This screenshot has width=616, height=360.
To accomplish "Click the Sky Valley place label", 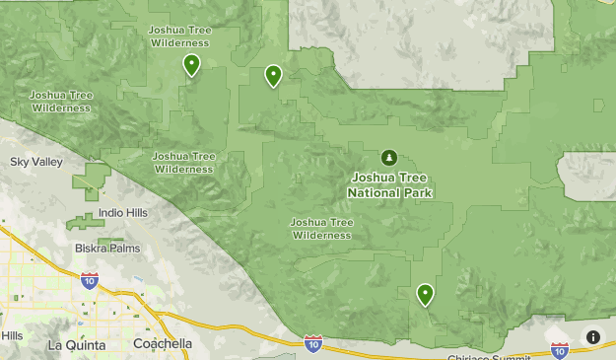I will click(34, 162).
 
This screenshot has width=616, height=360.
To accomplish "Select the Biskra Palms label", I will click(107, 249).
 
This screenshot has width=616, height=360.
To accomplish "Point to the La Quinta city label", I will click(75, 344).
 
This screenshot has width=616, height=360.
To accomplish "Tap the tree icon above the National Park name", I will click(389, 158).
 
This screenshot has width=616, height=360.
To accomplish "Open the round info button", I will click(593, 337).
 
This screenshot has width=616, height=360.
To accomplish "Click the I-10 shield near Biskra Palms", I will click(89, 281).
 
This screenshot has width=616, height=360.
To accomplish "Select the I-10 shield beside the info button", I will click(560, 349).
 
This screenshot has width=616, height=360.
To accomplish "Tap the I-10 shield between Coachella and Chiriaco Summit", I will click(313, 342).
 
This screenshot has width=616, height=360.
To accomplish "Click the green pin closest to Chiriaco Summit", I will click(425, 294).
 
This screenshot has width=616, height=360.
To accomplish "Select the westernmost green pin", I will click(191, 65).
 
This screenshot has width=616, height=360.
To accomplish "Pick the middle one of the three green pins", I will click(273, 75).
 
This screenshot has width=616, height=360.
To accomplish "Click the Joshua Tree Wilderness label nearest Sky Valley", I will click(61, 101).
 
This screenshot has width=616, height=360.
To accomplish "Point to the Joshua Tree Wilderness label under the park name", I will click(321, 228).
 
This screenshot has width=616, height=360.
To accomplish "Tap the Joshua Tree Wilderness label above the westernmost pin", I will click(179, 36).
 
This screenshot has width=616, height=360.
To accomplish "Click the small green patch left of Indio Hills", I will click(84, 221).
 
